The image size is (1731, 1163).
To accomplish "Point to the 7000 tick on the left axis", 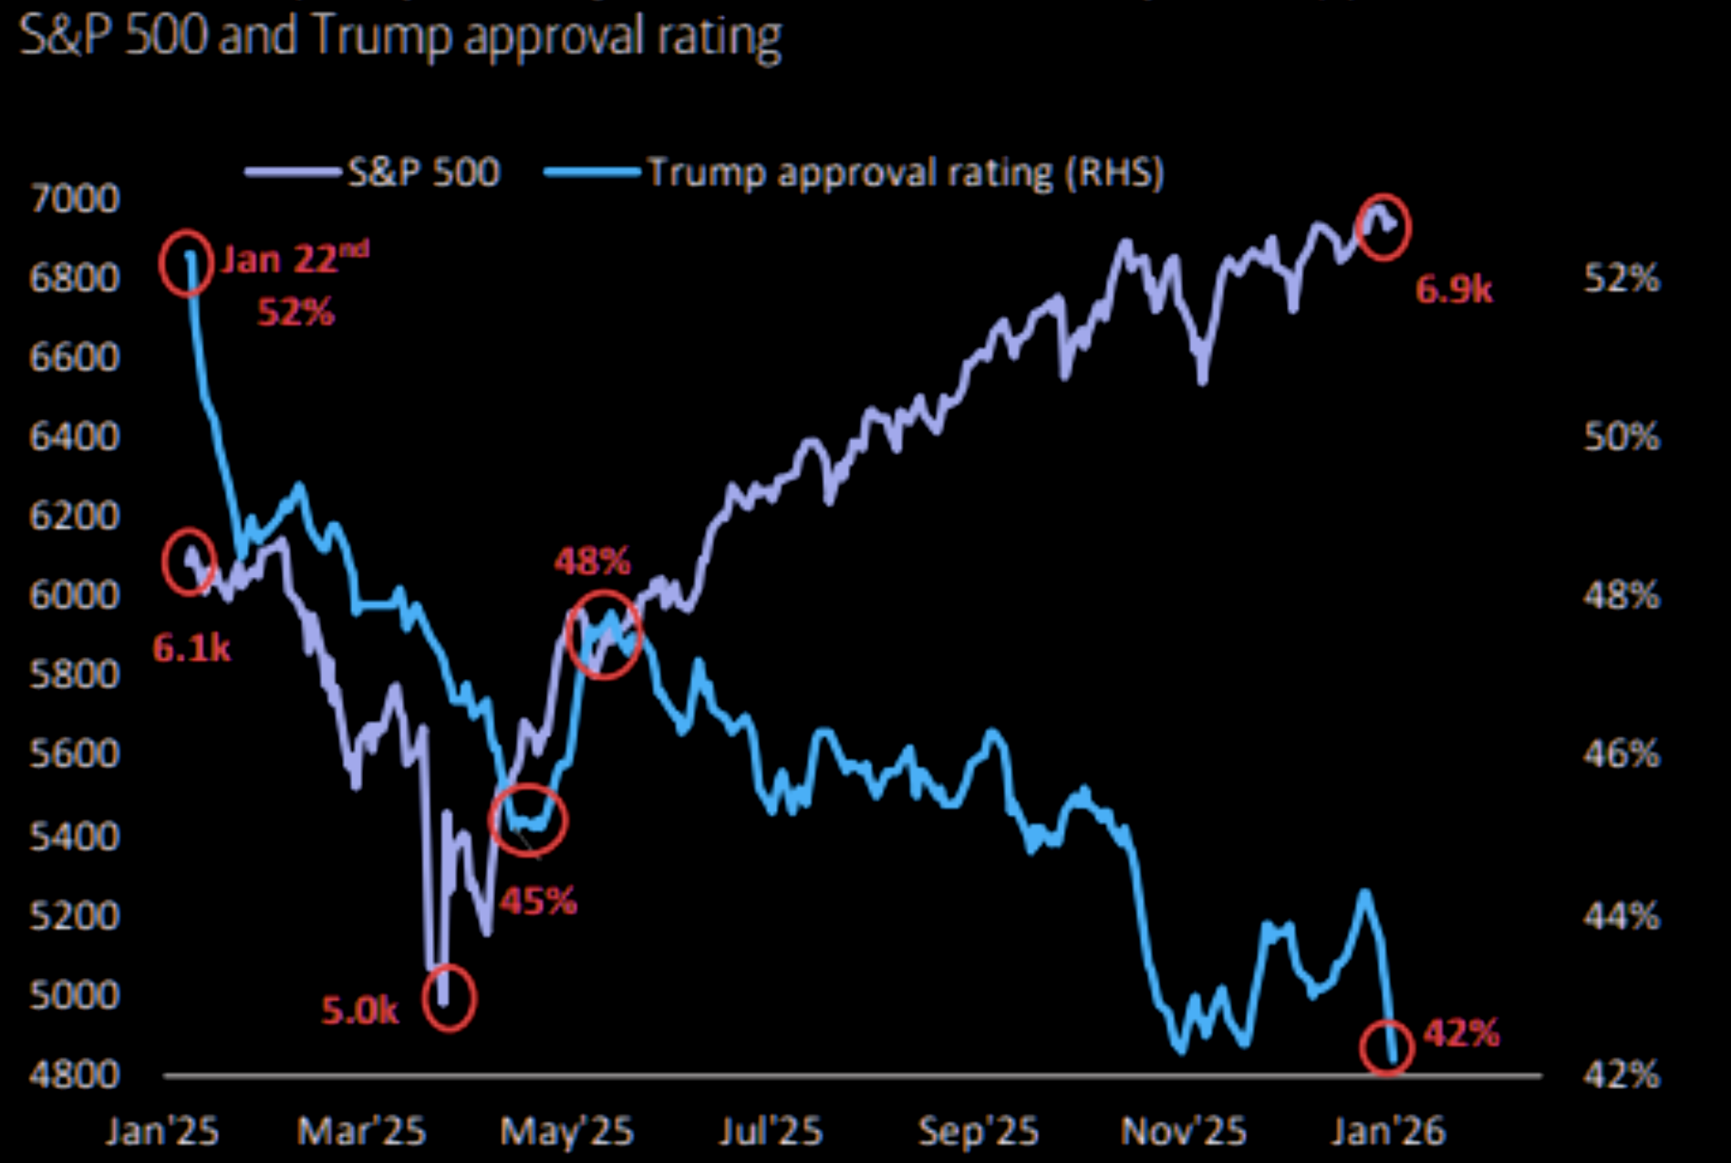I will click(x=75, y=198).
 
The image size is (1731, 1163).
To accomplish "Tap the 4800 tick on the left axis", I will click(x=75, y=1074).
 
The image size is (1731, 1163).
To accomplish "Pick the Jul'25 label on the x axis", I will click(x=771, y=1131).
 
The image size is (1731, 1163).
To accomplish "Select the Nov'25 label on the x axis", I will click(x=1183, y=1131).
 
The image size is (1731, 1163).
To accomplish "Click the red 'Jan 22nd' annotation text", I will click(x=294, y=259).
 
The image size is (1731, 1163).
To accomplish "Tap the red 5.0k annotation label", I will click(x=360, y=1010).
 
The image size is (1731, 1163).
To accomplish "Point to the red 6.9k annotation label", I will click(x=1454, y=290).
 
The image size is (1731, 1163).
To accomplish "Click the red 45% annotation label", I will click(x=538, y=901).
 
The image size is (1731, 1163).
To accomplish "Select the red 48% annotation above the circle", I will click(x=592, y=561).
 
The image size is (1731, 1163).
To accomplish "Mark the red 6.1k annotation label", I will click(x=192, y=648).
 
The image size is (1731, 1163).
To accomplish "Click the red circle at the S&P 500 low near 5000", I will click(x=449, y=998).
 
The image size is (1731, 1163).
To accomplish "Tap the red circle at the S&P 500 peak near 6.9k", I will click(x=1384, y=227).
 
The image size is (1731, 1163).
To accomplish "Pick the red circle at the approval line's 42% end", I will click(x=1386, y=1048).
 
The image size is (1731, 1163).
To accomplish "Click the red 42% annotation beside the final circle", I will click(x=1461, y=1034).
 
